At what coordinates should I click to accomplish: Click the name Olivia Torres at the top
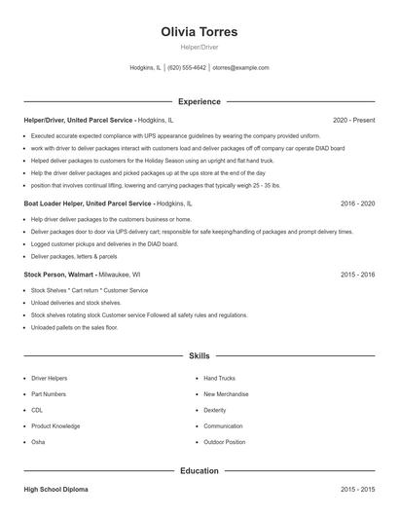(x=199, y=32)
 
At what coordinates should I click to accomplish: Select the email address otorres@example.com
(x=240, y=68)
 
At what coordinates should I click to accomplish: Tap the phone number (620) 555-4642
(x=187, y=68)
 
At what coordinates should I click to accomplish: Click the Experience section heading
(x=199, y=101)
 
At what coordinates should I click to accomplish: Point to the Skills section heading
(x=199, y=356)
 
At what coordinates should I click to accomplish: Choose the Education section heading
(x=199, y=471)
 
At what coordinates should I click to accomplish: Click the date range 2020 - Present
(x=353, y=120)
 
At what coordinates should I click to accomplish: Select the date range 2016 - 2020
(x=357, y=204)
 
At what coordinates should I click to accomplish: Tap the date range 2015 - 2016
(x=357, y=276)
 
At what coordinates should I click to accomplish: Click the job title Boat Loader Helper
(x=88, y=204)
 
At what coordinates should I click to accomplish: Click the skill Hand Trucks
(x=219, y=378)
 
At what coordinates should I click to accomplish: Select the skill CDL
(x=38, y=410)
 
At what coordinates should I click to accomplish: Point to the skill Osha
(x=39, y=442)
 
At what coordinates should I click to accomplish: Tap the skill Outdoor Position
(x=225, y=442)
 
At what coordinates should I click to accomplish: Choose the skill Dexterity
(x=215, y=410)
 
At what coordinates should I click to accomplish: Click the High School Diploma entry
(x=55, y=489)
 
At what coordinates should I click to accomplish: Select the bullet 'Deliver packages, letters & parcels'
(x=74, y=257)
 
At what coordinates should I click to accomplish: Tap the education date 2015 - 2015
(x=357, y=489)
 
